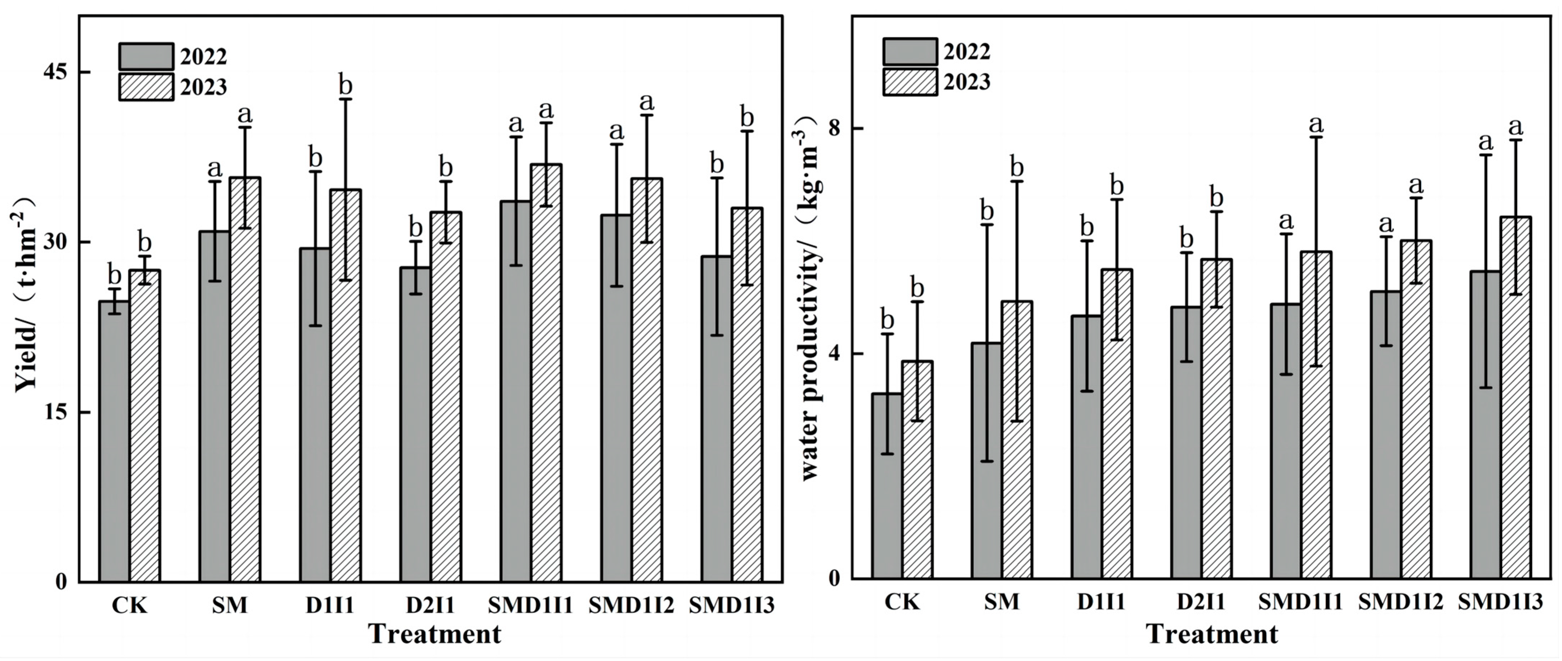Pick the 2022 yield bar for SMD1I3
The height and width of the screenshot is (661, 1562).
[x=717, y=418]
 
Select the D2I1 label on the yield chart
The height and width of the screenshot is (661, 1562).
[x=430, y=605]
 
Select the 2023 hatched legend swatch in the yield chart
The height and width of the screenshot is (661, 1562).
[x=146, y=87]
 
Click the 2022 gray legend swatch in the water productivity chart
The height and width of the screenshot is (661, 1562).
[x=909, y=52]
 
